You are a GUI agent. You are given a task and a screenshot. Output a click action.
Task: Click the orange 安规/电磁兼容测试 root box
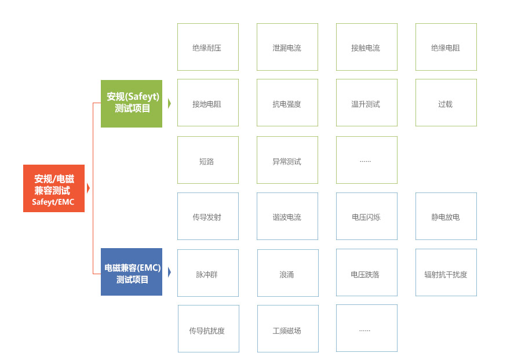pos(54,188)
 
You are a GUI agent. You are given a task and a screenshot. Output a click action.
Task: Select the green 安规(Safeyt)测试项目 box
pos(132,103)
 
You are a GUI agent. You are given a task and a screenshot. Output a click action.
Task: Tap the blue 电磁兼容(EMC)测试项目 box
pos(132,272)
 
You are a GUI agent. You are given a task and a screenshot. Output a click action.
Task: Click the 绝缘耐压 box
pos(207,48)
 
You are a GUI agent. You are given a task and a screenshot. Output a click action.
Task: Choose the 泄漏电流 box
pos(287,48)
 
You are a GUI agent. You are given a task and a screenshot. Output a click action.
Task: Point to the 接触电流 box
pos(366,48)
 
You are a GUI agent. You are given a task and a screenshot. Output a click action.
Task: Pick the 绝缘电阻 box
pos(446,48)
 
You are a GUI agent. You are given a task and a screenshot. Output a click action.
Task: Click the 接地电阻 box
pos(207,103)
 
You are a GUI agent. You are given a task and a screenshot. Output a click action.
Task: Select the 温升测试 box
pos(366,103)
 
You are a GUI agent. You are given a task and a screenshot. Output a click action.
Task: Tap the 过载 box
pos(446,103)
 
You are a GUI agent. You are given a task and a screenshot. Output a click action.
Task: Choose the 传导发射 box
pos(207,216)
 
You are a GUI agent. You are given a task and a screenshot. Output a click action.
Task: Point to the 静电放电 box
pos(446,216)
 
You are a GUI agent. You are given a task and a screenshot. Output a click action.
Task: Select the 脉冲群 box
pos(207,273)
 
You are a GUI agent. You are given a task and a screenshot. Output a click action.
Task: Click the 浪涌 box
pos(287,273)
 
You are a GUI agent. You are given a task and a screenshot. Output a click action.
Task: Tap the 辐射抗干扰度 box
pos(446,273)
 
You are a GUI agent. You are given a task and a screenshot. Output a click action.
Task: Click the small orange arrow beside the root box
pos(88,188)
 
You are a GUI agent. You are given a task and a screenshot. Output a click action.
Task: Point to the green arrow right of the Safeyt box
pos(169,103)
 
